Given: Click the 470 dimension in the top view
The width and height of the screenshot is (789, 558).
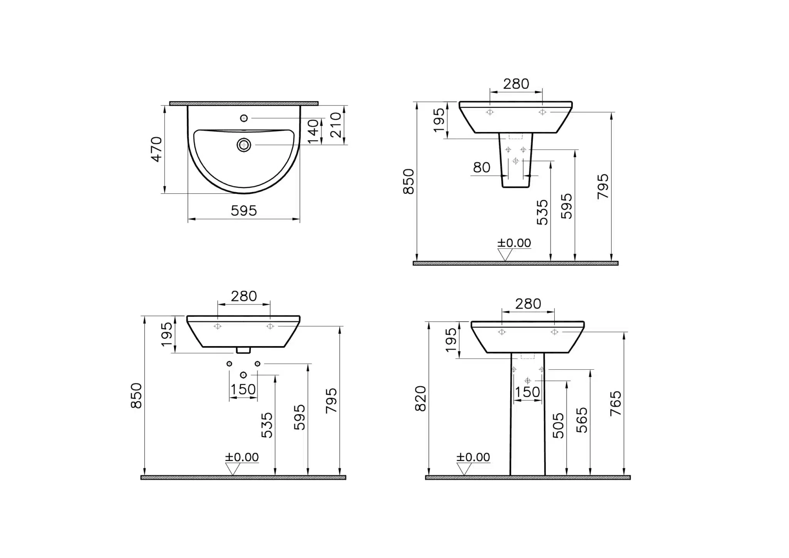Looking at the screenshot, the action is coord(156,149).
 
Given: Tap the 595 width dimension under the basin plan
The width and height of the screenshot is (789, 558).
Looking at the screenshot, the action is coord(244,211).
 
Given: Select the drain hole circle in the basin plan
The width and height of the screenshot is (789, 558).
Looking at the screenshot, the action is coord(244,145).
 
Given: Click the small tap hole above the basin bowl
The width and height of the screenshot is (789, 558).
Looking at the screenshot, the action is coord(244,118).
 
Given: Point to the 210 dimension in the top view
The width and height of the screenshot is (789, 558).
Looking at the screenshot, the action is coord(336,125).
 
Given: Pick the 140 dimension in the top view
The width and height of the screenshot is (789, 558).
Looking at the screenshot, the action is coord(314,131).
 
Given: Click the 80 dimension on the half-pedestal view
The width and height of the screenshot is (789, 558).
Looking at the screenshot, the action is coord(482,168).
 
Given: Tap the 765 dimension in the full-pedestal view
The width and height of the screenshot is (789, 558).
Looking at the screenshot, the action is coord(616,403).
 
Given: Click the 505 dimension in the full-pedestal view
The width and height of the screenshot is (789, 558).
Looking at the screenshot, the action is coord(558,426).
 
